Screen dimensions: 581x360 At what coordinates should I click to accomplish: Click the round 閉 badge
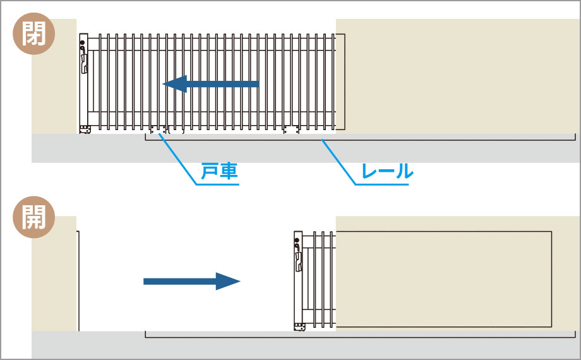pos(33,33)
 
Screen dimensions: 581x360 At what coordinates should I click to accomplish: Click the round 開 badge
pos(33,217)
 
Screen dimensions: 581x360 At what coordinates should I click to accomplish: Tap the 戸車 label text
pos(219,171)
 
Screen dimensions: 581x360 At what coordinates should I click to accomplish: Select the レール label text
pos(387,171)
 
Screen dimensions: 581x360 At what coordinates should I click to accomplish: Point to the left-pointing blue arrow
pos(211,84)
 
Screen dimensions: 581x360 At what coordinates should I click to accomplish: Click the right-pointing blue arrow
pos(192,282)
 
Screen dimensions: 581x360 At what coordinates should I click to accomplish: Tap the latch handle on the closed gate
pos(85,63)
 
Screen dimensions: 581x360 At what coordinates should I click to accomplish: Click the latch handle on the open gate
pos(299,261)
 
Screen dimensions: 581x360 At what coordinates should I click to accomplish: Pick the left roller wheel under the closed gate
pos(159,129)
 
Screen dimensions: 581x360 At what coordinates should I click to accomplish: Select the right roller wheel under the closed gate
pos(291,129)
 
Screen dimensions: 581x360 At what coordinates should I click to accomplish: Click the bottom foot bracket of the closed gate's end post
pos(85,129)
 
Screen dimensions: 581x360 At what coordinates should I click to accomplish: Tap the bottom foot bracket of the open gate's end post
pos(300,327)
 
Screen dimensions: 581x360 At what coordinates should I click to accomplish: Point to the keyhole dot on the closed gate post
pos(83,43)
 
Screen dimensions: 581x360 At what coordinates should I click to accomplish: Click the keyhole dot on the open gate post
pos(297,240)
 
